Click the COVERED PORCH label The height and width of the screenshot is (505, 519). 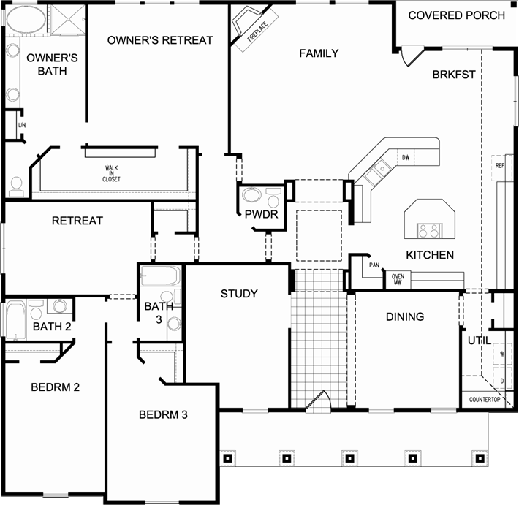pos(456,15)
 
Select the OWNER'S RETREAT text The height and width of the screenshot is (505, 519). pos(160,40)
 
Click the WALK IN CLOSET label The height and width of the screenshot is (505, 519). pos(111,173)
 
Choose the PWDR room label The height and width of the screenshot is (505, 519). pos(258,215)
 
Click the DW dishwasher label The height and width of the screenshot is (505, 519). pos(405,157)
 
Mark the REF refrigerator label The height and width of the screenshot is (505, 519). pos(500,166)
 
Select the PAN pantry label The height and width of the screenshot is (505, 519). pos(374,265)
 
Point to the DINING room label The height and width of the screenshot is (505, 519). pos(405,316)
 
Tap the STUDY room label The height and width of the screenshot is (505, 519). pos(239,294)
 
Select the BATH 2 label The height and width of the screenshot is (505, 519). pos(52,327)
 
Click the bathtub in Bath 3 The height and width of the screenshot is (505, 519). pos(161,278)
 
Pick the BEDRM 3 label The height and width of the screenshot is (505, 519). pos(164,415)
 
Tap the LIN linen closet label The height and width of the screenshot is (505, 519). pos(12,125)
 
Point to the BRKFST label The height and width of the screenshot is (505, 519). pos(454,74)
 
